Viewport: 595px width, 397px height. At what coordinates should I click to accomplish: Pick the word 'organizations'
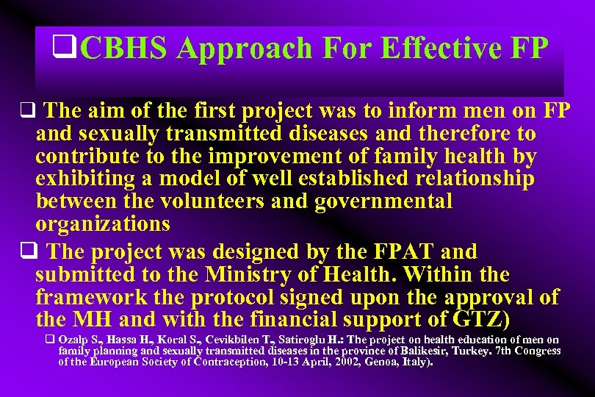click(x=103, y=223)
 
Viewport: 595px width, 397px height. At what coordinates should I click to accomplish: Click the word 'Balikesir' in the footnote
click(x=416, y=351)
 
